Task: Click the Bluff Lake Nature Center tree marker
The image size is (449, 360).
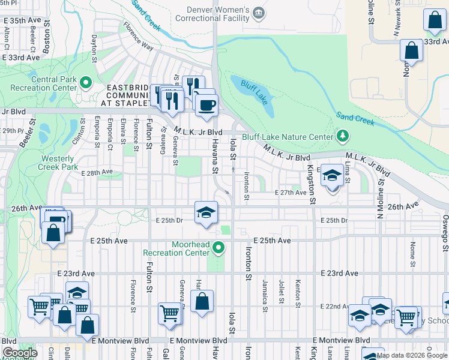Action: pos(343,136)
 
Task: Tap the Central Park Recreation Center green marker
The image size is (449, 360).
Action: pos(86,82)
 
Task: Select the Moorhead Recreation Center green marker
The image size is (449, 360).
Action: pos(220,247)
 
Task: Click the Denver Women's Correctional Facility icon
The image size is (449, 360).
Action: pos(259,13)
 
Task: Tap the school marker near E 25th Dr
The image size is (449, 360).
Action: pos(205,213)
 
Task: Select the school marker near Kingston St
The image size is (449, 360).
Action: pos(331,176)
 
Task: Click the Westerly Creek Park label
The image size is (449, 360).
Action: pos(59,163)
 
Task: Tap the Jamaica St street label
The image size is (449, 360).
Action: pos(264,292)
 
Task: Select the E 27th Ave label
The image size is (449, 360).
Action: pos(291,193)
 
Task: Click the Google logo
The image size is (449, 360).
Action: pos(20,353)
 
